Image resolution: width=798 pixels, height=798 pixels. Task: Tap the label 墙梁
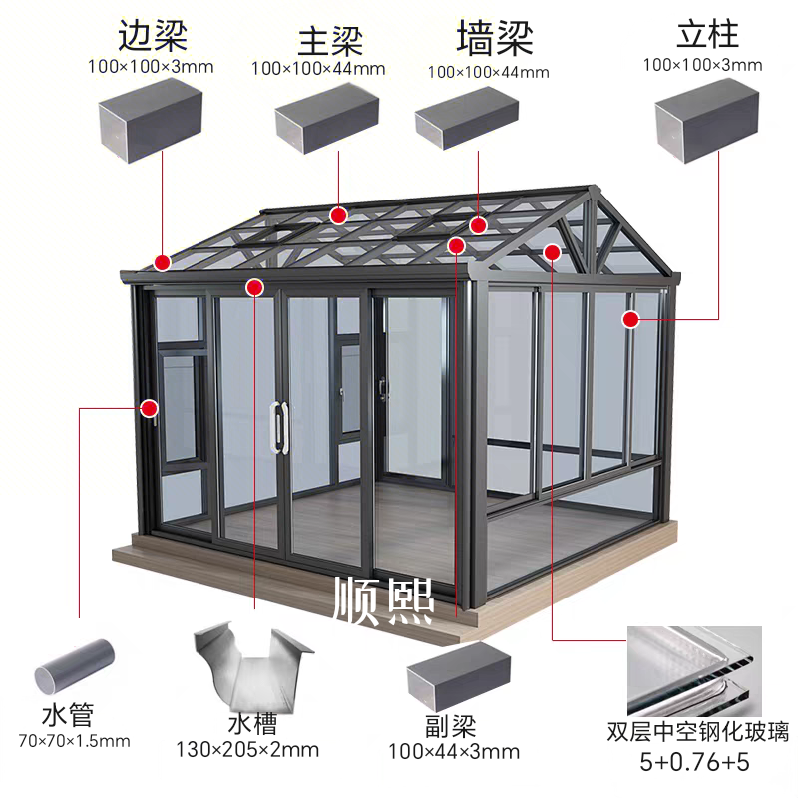pos(495,38)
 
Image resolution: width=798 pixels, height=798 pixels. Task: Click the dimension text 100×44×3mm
pos(453,750)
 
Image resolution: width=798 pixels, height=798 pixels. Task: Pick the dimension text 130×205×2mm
pos(246,748)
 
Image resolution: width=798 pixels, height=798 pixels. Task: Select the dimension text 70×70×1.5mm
pos(74,741)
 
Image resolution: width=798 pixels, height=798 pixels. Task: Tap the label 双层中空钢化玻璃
pos(697,734)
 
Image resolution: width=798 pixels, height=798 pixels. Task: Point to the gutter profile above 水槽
pos(246,665)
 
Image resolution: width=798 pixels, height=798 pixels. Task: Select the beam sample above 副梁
pos(457,673)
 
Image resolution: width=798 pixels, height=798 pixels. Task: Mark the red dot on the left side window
pos(150,407)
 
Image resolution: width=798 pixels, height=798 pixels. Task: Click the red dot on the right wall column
pos(630,319)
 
